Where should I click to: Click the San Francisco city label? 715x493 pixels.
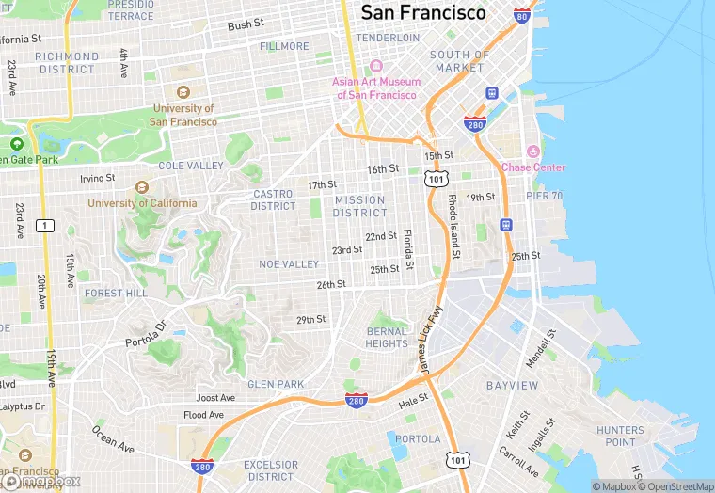click(x=423, y=12)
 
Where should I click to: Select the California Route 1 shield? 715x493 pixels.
click(x=43, y=225)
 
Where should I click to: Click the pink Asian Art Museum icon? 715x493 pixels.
click(x=375, y=67)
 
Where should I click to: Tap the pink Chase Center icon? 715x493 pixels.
click(x=532, y=151)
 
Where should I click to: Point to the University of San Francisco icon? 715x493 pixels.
click(x=183, y=92)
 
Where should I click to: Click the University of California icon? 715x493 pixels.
click(x=142, y=186)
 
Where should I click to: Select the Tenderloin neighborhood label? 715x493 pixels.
click(x=388, y=38)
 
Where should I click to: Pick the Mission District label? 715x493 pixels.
click(x=359, y=206)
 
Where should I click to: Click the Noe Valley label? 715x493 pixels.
click(x=290, y=264)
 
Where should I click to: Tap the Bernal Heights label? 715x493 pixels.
click(x=387, y=338)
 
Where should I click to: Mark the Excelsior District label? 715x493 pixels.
click(x=271, y=470)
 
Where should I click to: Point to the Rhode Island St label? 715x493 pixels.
click(x=453, y=226)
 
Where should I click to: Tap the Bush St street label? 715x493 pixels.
click(x=246, y=25)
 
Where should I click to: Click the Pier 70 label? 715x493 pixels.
click(x=544, y=196)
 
